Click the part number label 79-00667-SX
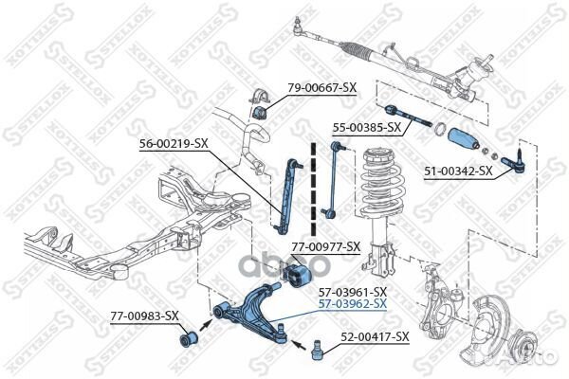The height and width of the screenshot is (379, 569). (321, 87)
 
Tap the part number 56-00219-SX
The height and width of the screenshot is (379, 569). (174, 143)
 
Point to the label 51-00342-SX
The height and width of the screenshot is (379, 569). (459, 171)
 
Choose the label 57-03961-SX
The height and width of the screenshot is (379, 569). (353, 291)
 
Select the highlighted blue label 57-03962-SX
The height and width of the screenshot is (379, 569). (353, 304)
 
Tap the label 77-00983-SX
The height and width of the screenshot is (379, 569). (144, 315)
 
